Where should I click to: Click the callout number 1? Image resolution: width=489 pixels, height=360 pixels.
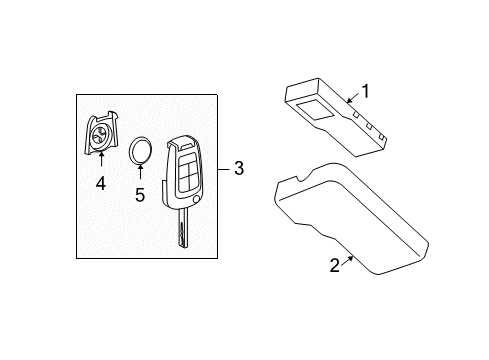click(x=365, y=91)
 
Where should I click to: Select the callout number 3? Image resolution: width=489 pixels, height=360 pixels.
click(x=239, y=169)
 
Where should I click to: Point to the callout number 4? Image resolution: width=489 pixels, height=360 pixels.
click(x=101, y=183)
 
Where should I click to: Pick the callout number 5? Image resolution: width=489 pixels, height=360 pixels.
click(x=140, y=195)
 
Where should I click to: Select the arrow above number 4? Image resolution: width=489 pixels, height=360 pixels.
click(x=101, y=160)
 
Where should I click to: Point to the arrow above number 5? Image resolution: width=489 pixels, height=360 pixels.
click(x=140, y=176)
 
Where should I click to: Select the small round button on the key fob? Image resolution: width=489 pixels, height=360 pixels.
click(x=196, y=202)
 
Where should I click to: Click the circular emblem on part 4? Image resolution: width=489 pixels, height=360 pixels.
click(x=101, y=138)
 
